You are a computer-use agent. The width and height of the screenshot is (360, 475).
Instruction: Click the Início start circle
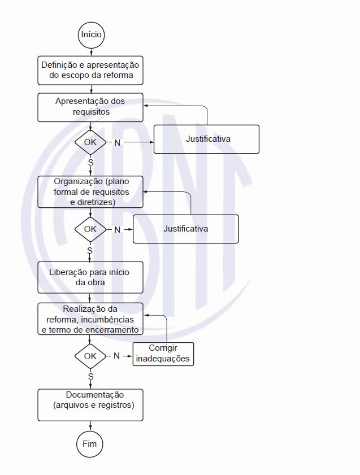[x=91, y=34]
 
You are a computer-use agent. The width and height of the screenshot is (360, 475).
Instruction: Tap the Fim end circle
[x=90, y=444]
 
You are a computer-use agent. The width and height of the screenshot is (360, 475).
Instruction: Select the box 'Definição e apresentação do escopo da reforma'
[x=90, y=69]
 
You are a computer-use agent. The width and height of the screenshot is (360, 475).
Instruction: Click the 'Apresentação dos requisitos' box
[x=90, y=107]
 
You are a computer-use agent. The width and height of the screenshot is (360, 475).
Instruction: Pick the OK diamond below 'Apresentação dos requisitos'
[x=90, y=142]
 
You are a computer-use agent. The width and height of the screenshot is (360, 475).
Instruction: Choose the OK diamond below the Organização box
[x=90, y=229]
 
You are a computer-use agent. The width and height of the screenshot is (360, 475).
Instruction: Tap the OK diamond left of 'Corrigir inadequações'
[x=90, y=356]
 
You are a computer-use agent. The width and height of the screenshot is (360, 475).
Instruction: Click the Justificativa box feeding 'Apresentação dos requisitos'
[x=207, y=139]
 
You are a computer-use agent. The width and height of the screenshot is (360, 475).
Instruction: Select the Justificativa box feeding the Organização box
[x=185, y=229]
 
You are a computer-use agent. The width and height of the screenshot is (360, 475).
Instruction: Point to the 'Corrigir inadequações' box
[x=163, y=354]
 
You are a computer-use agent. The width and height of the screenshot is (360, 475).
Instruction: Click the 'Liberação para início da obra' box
[x=90, y=277]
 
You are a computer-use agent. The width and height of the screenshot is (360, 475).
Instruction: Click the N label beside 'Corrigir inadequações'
[x=117, y=356]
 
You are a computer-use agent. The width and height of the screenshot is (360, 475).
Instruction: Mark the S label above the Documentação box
[x=90, y=376]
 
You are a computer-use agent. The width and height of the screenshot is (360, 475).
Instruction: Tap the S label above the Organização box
[x=90, y=162]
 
